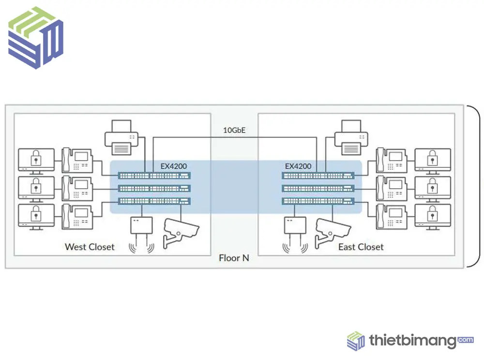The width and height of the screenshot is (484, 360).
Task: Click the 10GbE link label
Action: tap(234, 130)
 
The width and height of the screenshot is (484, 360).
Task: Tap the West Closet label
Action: tap(90, 247)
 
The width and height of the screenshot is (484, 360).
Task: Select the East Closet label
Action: tap(361, 247)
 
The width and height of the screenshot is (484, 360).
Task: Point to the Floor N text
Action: tap(234, 258)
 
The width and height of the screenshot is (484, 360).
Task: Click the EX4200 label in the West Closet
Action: tap(174, 166)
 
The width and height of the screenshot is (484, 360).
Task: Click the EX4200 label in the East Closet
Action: tap(298, 166)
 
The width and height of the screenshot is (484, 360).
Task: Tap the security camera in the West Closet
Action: tap(180, 232)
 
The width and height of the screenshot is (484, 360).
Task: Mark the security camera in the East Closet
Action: tap(332, 232)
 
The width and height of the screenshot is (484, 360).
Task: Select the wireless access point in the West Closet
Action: tap(141, 235)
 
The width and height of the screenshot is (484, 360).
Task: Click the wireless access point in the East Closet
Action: tap(295, 235)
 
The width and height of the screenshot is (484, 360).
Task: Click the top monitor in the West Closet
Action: tap(36, 160)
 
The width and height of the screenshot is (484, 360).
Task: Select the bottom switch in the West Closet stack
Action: tap(154, 201)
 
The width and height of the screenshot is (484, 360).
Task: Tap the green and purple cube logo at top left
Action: tap(36, 38)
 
